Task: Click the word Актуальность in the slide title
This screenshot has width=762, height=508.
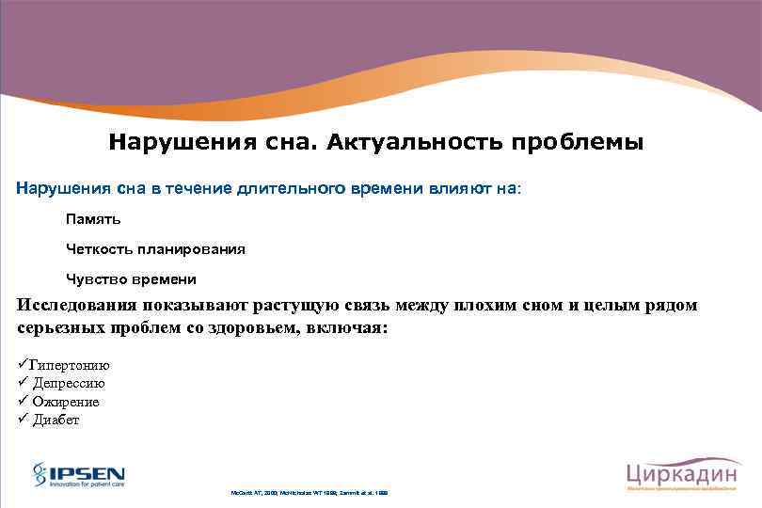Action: coord(415,143)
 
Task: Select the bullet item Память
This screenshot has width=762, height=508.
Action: coord(93,218)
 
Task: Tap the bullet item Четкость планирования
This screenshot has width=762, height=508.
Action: coord(155,249)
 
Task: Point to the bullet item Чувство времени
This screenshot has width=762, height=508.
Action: coord(131,279)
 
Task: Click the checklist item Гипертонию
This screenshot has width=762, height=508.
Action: coord(70,366)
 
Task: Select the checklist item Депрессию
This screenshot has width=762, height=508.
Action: coord(69,384)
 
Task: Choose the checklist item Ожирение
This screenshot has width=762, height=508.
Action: coord(66,402)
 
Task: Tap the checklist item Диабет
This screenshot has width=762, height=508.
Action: coord(56,420)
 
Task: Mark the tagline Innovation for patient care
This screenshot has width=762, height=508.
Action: coord(87,484)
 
